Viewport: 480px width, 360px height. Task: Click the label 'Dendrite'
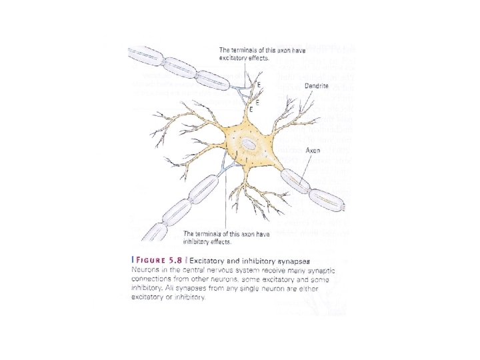click(x=317, y=86)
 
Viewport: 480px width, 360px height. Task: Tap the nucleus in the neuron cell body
click(x=249, y=143)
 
